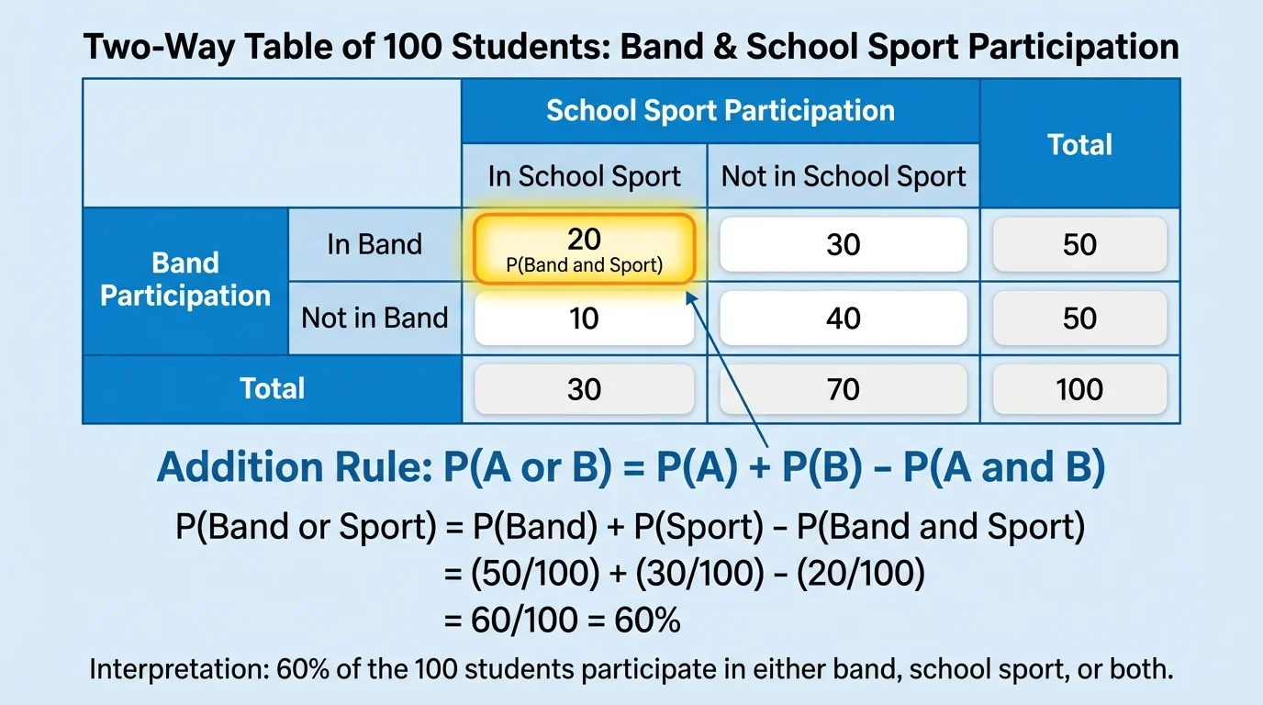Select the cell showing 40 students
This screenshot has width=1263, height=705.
pyautogui.click(x=843, y=318)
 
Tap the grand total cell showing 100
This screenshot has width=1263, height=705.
pyautogui.click(x=1079, y=388)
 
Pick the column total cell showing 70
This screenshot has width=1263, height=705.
pyautogui.click(x=843, y=388)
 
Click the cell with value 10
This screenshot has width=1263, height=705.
pyautogui.click(x=584, y=318)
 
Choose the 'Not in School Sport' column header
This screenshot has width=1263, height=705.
pyautogui.click(x=844, y=176)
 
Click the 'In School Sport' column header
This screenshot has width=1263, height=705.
pyautogui.click(x=584, y=176)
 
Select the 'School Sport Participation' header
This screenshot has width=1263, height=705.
pyautogui.click(x=721, y=111)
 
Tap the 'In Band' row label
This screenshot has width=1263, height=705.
pyautogui.click(x=374, y=244)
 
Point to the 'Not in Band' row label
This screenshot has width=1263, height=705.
pyautogui.click(x=374, y=318)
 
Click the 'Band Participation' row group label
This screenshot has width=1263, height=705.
pyautogui.click(x=185, y=279)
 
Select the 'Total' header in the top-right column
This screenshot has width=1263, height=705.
pyautogui.click(x=1079, y=144)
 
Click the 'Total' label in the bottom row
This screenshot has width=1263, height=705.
pyautogui.click(x=272, y=388)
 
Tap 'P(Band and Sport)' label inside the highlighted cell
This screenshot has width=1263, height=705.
pyautogui.click(x=584, y=266)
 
